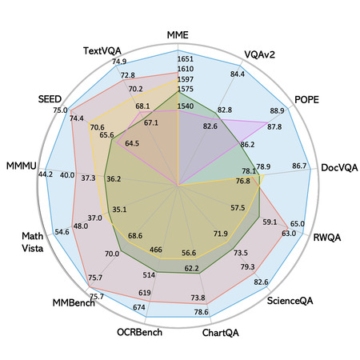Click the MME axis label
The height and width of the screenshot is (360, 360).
coord(178,35)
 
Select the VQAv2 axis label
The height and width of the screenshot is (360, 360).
coord(259,54)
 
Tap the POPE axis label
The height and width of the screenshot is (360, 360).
coord(306,100)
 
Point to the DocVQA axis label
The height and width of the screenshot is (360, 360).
coord(339,168)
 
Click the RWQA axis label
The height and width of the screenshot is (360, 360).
coord(327,238)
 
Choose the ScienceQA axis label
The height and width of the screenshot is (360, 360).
coord(290,301)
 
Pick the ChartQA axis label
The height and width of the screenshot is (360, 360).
coord(221,333)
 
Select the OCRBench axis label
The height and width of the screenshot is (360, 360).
coord(139,332)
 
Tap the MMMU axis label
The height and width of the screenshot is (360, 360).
coord(22,166)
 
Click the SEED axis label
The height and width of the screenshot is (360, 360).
coord(50,99)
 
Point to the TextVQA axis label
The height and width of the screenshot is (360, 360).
coord(102,50)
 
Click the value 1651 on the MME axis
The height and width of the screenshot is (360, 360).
coord(186,59)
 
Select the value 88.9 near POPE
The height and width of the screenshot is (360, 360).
coord(277,110)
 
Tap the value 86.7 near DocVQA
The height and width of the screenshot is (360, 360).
coord(299,166)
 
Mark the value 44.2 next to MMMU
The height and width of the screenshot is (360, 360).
coord(46,174)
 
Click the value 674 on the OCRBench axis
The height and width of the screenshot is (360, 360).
coord(139,307)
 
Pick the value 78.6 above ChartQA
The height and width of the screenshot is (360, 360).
coord(202,312)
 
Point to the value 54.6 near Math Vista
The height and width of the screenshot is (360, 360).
coord(62,232)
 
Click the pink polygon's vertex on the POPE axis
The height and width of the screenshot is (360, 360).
coord(267,122)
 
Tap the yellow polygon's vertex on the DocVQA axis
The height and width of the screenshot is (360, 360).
coord(264,175)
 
